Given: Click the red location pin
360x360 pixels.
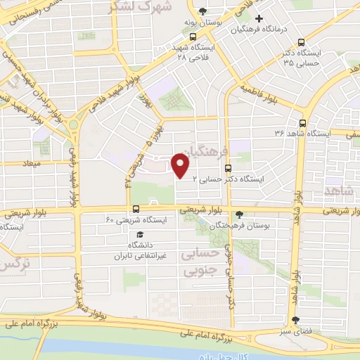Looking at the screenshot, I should tap(181, 165).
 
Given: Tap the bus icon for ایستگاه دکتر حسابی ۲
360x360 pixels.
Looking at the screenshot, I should tap(227, 168).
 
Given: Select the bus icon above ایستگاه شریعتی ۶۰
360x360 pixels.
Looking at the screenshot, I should tap(136, 209).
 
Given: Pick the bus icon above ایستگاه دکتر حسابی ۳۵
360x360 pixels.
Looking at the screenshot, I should tap(302, 41).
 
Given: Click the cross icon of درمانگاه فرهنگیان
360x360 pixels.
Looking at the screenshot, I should tap(259, 18).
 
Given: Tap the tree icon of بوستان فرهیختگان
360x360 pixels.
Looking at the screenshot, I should tap(240, 214).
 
